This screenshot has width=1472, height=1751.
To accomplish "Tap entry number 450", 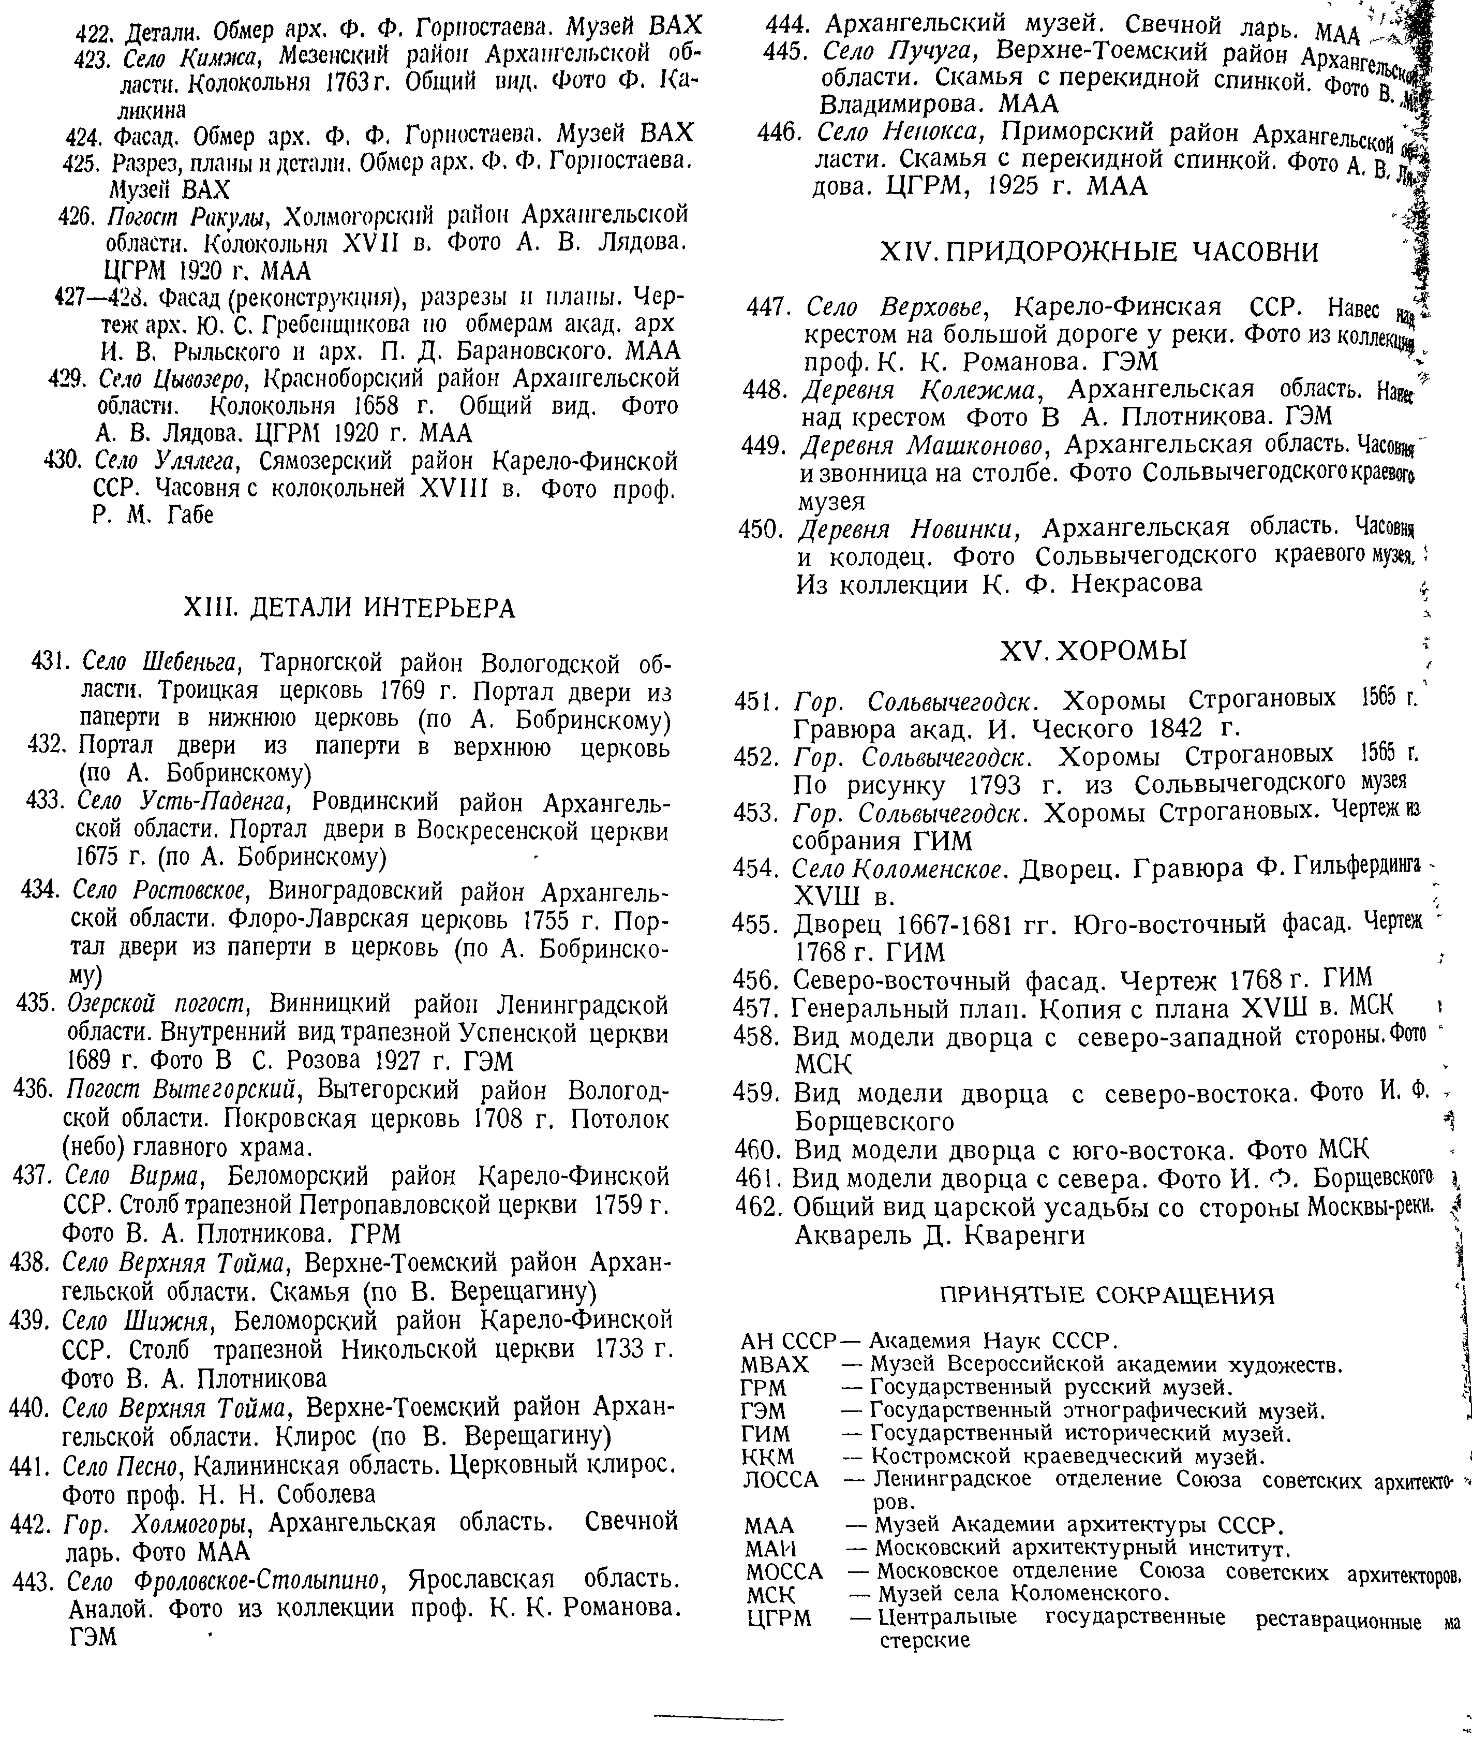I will pyautogui.click(x=760, y=529).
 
